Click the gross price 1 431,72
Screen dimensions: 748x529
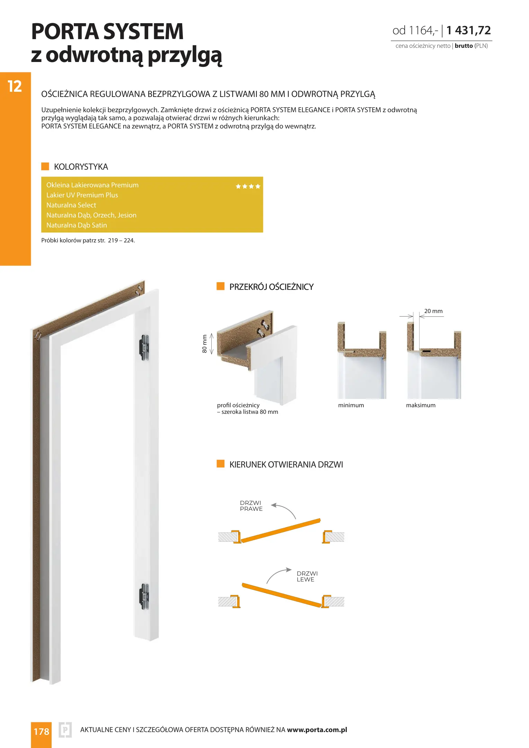coord(468,30)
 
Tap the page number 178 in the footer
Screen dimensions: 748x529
coord(41,731)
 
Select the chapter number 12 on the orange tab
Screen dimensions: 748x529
coord(15,86)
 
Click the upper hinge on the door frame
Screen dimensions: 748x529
coord(144,347)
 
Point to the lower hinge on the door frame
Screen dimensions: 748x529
coord(144,596)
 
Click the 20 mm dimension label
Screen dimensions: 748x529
coord(433,311)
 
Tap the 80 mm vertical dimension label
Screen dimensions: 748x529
coord(204,344)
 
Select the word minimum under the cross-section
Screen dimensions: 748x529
coord(351,405)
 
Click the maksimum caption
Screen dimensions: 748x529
coord(421,405)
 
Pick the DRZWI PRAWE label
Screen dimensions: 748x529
coord(251,506)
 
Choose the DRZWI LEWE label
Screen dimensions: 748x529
coord(307,577)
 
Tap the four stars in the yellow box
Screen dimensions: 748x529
coord(248,186)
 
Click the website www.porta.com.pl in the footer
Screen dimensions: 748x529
coord(317,730)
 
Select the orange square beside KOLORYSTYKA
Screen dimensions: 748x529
coord(45,166)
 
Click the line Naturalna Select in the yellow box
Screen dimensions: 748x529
coord(71,205)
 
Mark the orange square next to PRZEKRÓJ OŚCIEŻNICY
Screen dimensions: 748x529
coord(220,286)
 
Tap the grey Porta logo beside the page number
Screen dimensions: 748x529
coord(65,730)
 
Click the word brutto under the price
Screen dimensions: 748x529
coord(464,46)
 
